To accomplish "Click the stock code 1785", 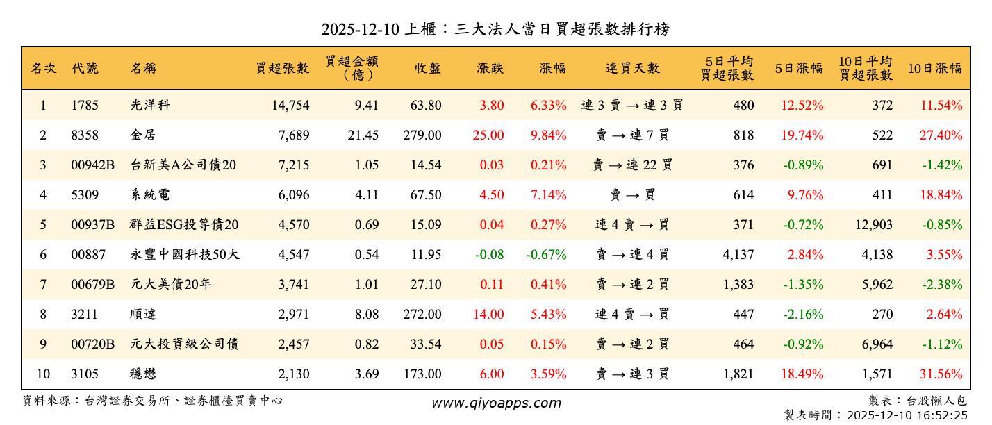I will (85, 106).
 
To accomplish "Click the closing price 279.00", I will (422, 135).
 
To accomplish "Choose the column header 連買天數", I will (632, 68).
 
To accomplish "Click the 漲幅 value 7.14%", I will (548, 195).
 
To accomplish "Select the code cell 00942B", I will (92, 165).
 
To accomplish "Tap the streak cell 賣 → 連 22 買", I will (632, 165).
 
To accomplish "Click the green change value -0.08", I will (489, 255).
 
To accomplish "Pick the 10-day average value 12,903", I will (870, 225).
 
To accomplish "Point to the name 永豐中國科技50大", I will (185, 255).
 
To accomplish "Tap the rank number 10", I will (43, 374).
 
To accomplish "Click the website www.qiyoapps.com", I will (496, 403).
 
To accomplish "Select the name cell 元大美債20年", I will (170, 285).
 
